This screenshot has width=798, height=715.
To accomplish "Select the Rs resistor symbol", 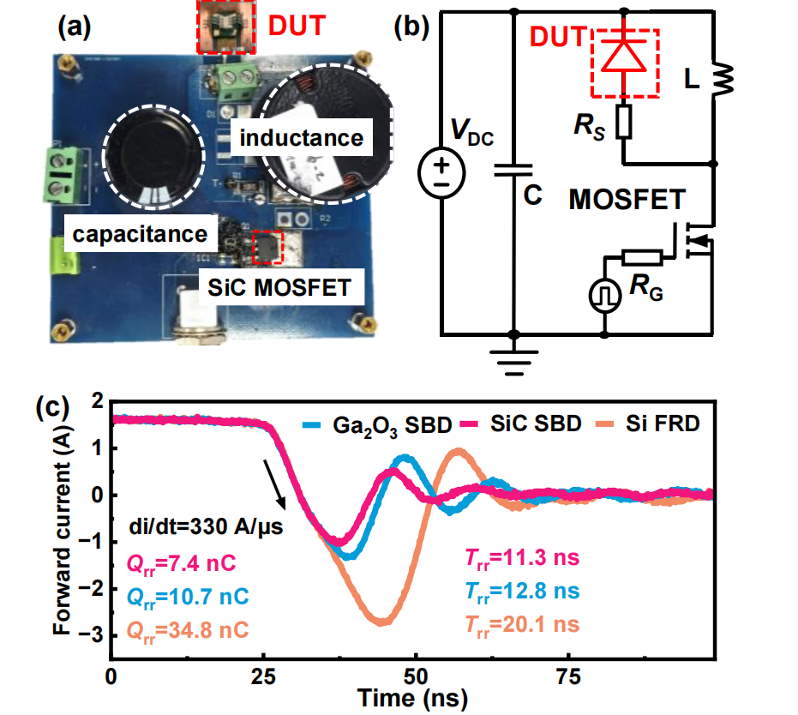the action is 624,122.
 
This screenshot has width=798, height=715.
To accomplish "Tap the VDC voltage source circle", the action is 441,172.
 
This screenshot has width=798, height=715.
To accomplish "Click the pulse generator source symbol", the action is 604,296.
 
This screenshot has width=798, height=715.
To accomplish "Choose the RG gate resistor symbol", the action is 642,257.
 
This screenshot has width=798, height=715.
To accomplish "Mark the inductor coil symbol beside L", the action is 723,80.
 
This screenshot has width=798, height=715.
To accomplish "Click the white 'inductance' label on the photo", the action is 302,137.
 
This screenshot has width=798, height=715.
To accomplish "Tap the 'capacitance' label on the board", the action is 140,234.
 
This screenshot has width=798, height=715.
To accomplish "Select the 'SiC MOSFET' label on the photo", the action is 280,287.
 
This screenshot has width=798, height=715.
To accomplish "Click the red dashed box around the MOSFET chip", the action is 267,247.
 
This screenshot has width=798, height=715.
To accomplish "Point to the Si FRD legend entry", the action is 648,424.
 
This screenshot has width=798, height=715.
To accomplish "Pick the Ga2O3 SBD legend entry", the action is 377,425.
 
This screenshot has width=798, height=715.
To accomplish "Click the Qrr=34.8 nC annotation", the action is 187,631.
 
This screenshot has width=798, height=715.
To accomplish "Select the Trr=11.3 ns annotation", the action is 522,558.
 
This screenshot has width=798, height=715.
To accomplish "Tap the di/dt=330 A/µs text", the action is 206,526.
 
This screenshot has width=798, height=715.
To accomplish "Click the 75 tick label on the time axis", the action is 568,676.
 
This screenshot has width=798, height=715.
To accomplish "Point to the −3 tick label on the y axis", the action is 90,634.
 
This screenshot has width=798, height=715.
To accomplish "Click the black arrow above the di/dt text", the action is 273,484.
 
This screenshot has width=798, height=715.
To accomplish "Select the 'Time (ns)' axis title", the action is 412,698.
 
